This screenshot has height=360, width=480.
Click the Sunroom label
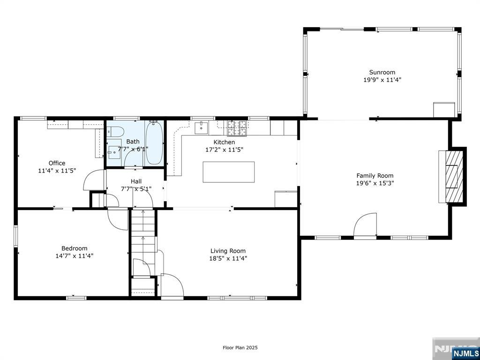click(382, 73)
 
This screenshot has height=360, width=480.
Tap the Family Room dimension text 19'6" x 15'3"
click(375, 183)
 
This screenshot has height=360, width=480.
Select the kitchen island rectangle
click(229, 172)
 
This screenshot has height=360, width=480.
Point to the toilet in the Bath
click(115, 132)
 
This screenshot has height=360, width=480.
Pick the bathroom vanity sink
click(115, 151)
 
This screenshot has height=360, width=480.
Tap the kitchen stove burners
click(237, 128)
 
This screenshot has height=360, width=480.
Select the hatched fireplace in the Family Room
click(454, 176)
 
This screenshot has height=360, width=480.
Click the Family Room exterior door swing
click(365, 225)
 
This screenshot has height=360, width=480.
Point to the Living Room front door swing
click(172, 285)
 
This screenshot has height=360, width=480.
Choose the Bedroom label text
click(75, 248)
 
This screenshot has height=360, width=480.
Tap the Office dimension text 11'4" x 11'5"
click(57, 171)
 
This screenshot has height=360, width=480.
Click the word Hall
click(136, 181)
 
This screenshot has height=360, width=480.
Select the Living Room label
click(228, 251)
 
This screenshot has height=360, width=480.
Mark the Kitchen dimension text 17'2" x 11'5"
click(225, 150)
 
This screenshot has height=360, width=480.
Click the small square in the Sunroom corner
click(444, 110)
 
